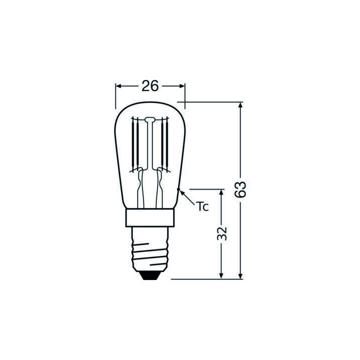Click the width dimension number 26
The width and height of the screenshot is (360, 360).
pyautogui.click(x=150, y=86)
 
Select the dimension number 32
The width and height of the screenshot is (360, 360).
pyautogui.click(x=222, y=233)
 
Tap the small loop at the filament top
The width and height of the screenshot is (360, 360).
pyautogui.click(x=150, y=119)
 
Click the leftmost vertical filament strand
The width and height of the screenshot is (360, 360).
pyautogui.click(x=132, y=145)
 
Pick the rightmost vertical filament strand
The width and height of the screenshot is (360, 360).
pyautogui.click(x=168, y=145)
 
